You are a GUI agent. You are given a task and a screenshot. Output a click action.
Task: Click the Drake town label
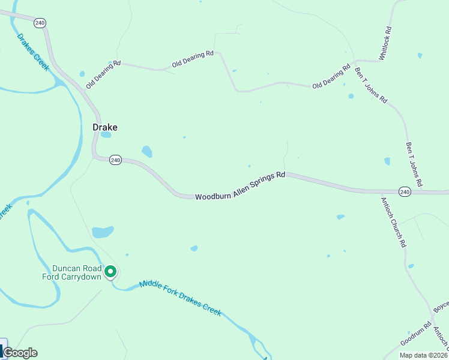pos(104,127)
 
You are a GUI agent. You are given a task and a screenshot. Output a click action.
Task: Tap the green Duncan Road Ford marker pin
pos(110,272)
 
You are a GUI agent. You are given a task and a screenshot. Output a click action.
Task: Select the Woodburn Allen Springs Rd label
pos(240,187)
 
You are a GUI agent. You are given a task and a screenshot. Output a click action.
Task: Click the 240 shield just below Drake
pos(116,160)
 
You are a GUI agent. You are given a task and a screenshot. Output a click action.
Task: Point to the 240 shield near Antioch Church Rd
pos(405,192)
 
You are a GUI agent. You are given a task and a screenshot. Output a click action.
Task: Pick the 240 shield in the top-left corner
pos(40,23)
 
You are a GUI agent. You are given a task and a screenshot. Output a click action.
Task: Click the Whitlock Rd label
pos(385,43)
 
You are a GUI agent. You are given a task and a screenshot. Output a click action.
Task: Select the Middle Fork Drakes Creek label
pos(180,299)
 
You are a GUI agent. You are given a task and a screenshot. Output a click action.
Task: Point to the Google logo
pos(20,353)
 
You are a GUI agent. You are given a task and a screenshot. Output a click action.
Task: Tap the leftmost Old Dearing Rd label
pos(103,74)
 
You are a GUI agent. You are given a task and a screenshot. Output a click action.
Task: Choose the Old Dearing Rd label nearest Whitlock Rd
pos(331,77)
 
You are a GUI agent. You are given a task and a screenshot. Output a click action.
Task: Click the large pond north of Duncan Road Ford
pos(103,232)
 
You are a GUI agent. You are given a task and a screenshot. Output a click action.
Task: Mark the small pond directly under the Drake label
pos(106,135)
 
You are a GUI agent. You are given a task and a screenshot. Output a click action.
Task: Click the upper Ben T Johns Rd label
pos(371,85)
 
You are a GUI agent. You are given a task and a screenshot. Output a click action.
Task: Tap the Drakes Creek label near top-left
pos(33,52)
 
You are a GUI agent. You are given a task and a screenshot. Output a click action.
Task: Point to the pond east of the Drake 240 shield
pos(146,151)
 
